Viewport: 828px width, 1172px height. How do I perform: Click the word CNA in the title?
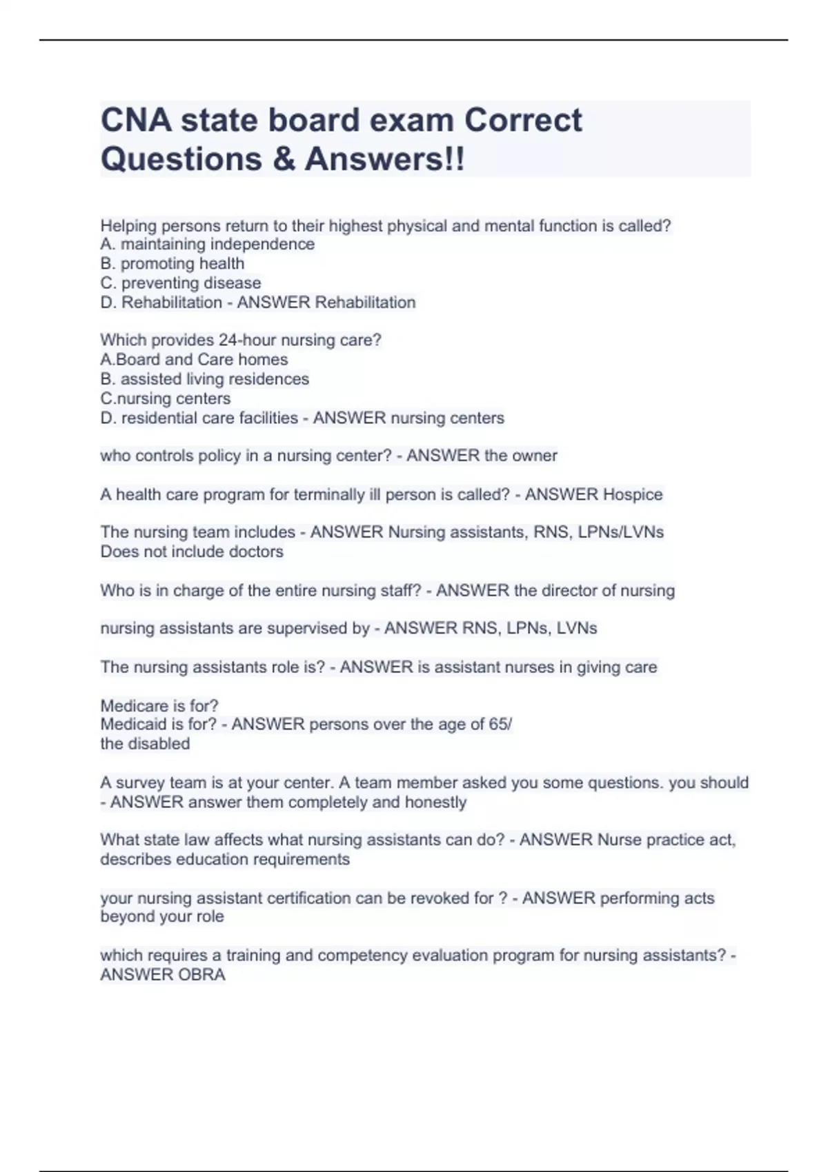[136, 121]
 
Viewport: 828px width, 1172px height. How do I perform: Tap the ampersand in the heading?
[283, 159]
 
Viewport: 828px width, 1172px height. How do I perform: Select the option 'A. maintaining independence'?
[207, 244]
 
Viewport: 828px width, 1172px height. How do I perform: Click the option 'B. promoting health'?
[172, 263]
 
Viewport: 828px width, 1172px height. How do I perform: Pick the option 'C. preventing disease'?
[180, 283]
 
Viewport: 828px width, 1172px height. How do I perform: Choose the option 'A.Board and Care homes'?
[194, 359]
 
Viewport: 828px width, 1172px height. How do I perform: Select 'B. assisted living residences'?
[204, 378]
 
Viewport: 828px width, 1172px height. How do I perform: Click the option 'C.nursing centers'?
[165, 398]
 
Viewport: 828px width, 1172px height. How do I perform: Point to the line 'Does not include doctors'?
[192, 552]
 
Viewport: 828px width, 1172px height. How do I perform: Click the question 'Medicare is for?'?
[159, 705]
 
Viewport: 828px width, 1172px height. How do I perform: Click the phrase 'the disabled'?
[145, 744]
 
